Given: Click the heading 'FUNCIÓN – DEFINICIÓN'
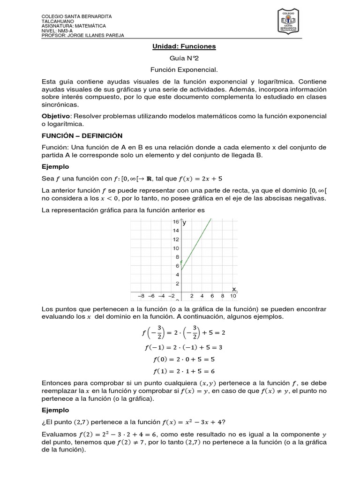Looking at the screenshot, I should click(x=78, y=135).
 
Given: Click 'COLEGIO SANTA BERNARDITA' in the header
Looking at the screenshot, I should click(x=73, y=16).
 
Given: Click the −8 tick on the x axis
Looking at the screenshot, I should click(x=141, y=296).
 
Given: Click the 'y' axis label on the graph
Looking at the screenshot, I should click(x=185, y=223).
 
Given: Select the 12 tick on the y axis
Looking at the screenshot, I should click(x=175, y=239).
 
